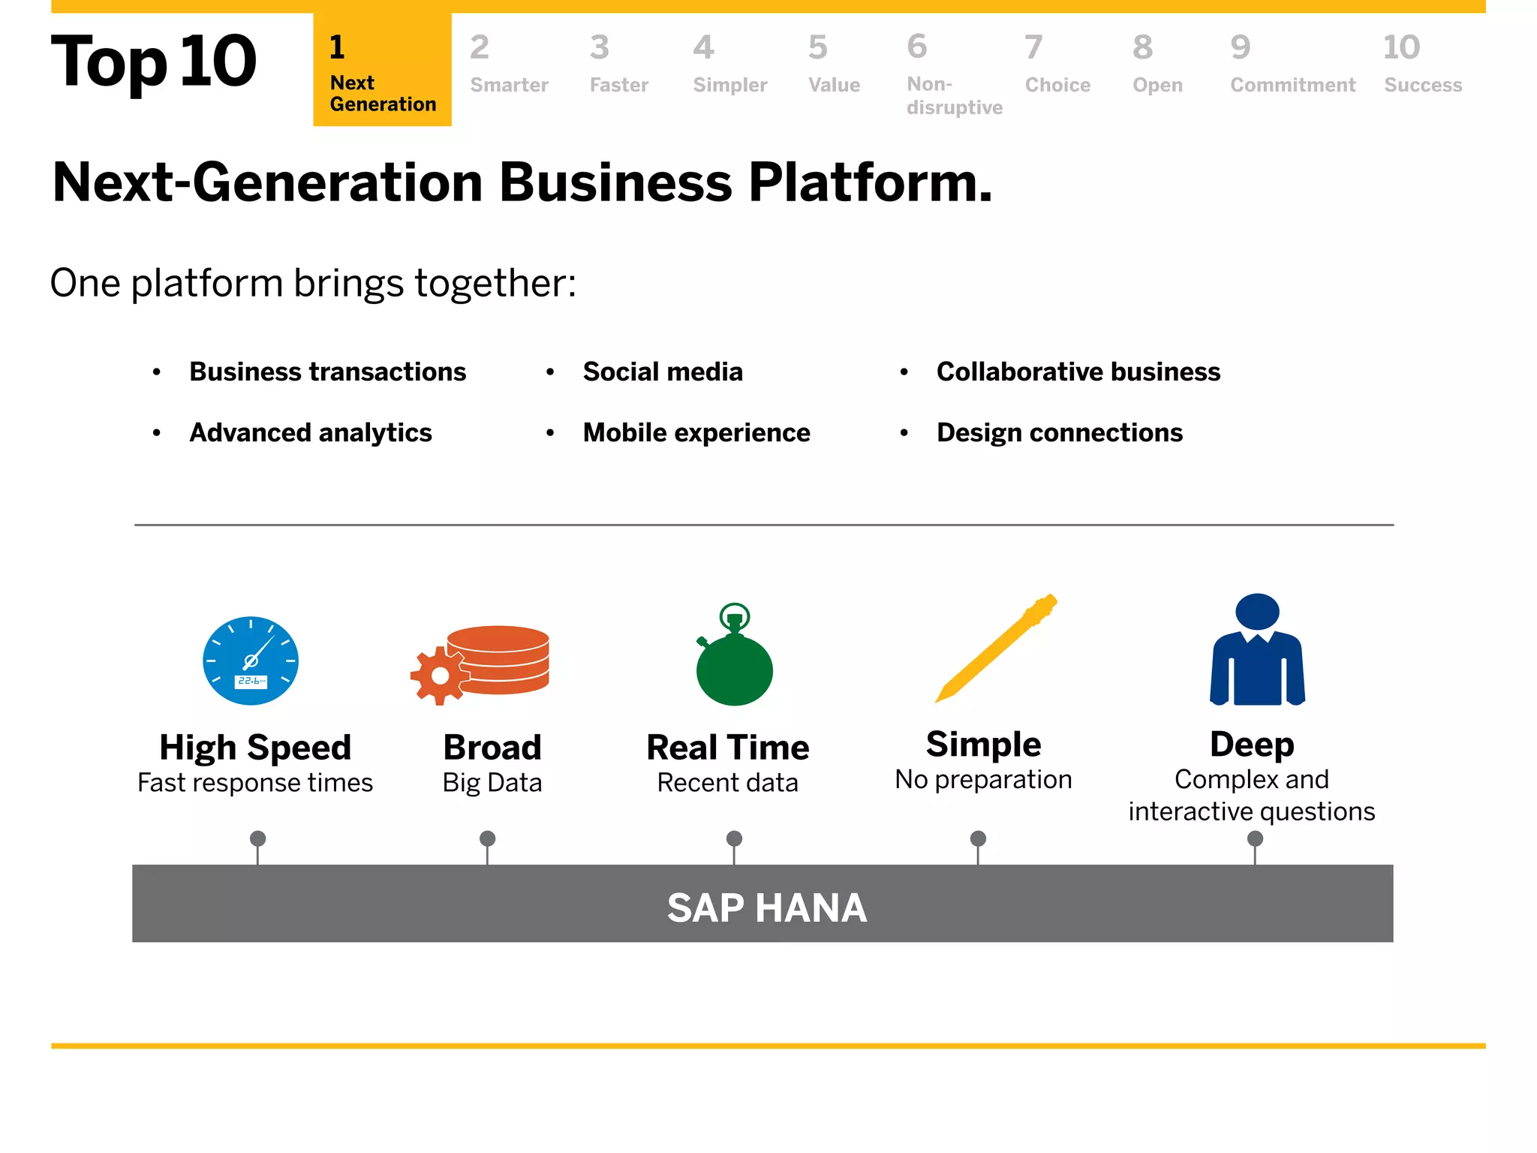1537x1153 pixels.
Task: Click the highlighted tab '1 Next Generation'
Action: pyautogui.click(x=382, y=71)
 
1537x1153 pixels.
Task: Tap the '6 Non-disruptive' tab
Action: pyautogui.click(x=953, y=75)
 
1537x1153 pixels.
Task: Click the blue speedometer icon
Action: pyautogui.click(x=251, y=661)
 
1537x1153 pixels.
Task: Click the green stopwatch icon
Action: pyautogui.click(x=734, y=664)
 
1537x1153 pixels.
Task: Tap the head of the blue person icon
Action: pyautogui.click(x=1257, y=612)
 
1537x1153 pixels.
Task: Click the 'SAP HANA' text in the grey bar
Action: pyautogui.click(x=766, y=908)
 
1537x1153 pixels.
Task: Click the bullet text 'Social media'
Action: pyautogui.click(x=663, y=372)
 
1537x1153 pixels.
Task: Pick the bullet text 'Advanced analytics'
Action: pyautogui.click(x=311, y=432)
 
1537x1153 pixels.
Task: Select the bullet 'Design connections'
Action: pyautogui.click(x=1059, y=432)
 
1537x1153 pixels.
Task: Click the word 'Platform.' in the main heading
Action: pyautogui.click(x=871, y=182)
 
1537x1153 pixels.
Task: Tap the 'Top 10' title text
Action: pyautogui.click(x=154, y=62)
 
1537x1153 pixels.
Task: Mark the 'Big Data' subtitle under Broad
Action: pyautogui.click(x=492, y=782)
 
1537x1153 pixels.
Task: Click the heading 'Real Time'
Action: pyautogui.click(x=727, y=747)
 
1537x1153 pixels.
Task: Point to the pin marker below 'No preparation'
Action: pyautogui.click(x=978, y=838)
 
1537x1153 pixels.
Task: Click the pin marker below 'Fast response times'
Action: pyautogui.click(x=257, y=838)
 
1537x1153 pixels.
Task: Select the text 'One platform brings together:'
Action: pyautogui.click(x=313, y=284)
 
